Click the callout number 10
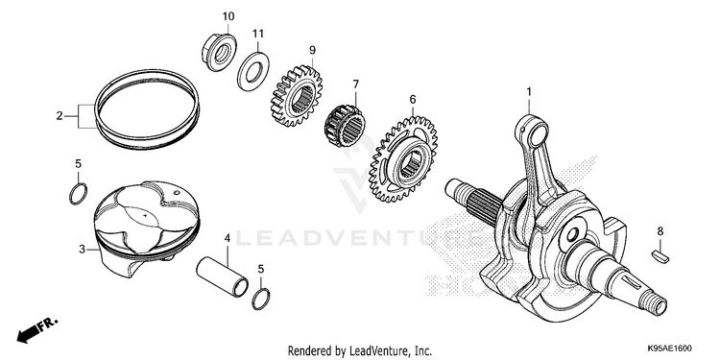pos(228,16)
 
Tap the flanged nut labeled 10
pos(219,53)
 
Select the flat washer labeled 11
pos(253,72)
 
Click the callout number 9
pos(312,50)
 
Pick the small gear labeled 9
pos(297,95)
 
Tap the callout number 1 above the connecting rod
pos(529,92)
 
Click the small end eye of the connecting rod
pos(532,131)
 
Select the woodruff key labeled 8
pos(660,256)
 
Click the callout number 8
pos(660,231)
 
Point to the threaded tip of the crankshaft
pos(658,307)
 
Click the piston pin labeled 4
pos(223,276)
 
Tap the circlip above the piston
pos(78,194)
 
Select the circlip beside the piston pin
pos(261,299)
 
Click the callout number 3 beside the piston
pos(83,250)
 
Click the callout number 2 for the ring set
pos(60,116)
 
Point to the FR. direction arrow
pos(37,329)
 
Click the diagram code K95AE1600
pos(670,348)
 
